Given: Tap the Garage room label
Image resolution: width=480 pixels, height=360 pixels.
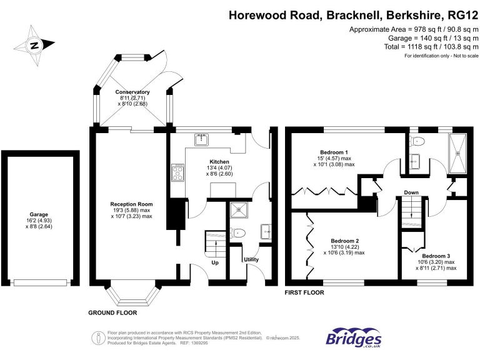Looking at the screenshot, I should pyautogui.click(x=39, y=214).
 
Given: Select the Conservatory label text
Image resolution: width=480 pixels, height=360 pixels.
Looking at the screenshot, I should pyautogui.click(x=132, y=92).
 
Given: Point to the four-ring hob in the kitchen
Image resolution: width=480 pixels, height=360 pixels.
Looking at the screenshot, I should pyautogui.click(x=177, y=172).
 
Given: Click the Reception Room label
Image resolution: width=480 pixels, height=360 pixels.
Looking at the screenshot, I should pyautogui.click(x=131, y=204).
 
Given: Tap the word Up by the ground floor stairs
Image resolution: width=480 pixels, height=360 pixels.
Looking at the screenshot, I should pyautogui.click(x=216, y=263).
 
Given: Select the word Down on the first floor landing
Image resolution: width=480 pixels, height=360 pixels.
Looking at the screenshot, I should pyautogui.click(x=411, y=192).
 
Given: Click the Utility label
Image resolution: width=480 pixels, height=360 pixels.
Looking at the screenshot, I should pyautogui.click(x=251, y=259).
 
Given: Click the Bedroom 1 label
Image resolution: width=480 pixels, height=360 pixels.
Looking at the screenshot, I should pyautogui.click(x=333, y=152).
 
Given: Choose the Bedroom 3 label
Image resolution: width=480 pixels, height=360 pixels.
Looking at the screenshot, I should pyautogui.click(x=436, y=256).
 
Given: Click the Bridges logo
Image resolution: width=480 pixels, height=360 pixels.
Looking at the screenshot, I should pyautogui.click(x=353, y=337).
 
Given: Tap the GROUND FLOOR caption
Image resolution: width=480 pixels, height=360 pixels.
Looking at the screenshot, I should pyautogui.click(x=112, y=312).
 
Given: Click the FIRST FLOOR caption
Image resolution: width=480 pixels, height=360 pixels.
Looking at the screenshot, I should pyautogui.click(x=304, y=292).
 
